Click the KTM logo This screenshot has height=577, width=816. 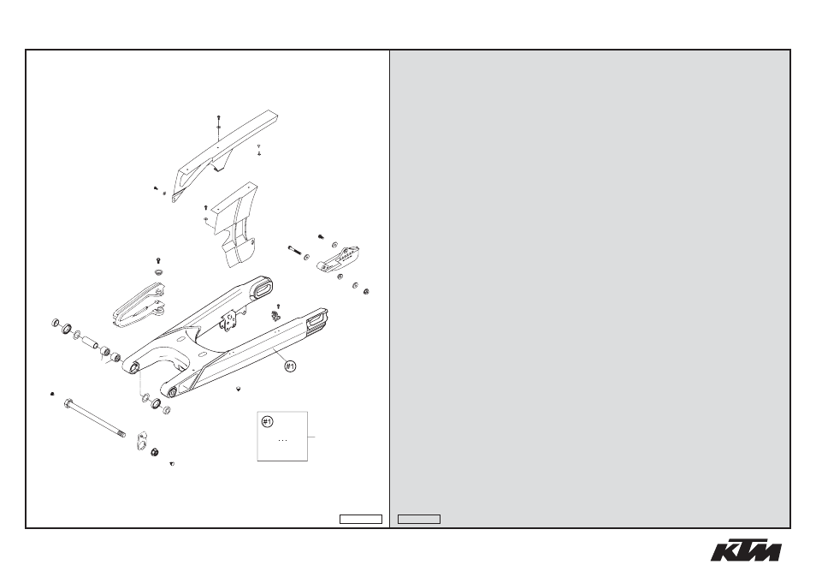[x=746, y=549]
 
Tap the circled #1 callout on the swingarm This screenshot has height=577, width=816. [x=290, y=366]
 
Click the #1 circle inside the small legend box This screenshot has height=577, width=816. [x=267, y=421]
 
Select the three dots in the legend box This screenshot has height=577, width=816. [x=282, y=441]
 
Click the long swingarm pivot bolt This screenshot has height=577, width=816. [x=94, y=419]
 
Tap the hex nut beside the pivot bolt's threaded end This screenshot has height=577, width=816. [x=155, y=451]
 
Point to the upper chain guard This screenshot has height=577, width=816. [x=225, y=155]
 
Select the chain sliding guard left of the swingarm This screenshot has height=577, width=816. [x=139, y=305]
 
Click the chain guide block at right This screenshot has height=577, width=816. [x=340, y=259]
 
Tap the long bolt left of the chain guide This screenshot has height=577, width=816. [x=295, y=251]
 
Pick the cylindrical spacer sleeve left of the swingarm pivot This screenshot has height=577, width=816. [x=90, y=342]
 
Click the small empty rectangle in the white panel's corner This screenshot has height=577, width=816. [x=361, y=519]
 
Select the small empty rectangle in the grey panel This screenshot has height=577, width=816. [x=419, y=519]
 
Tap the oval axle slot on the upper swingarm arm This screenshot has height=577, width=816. [x=263, y=288]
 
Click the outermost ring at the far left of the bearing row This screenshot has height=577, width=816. [x=56, y=323]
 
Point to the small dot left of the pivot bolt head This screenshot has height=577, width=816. [x=52, y=394]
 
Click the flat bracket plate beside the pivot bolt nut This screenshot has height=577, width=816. [x=141, y=440]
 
